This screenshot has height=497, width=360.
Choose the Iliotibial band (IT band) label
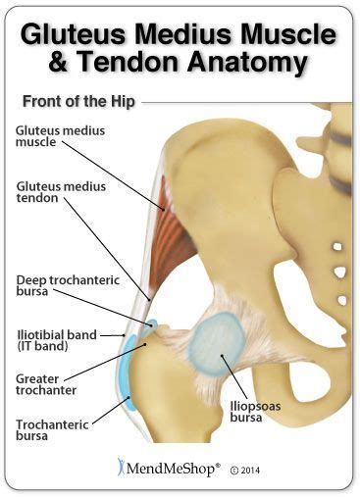[55, 340]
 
